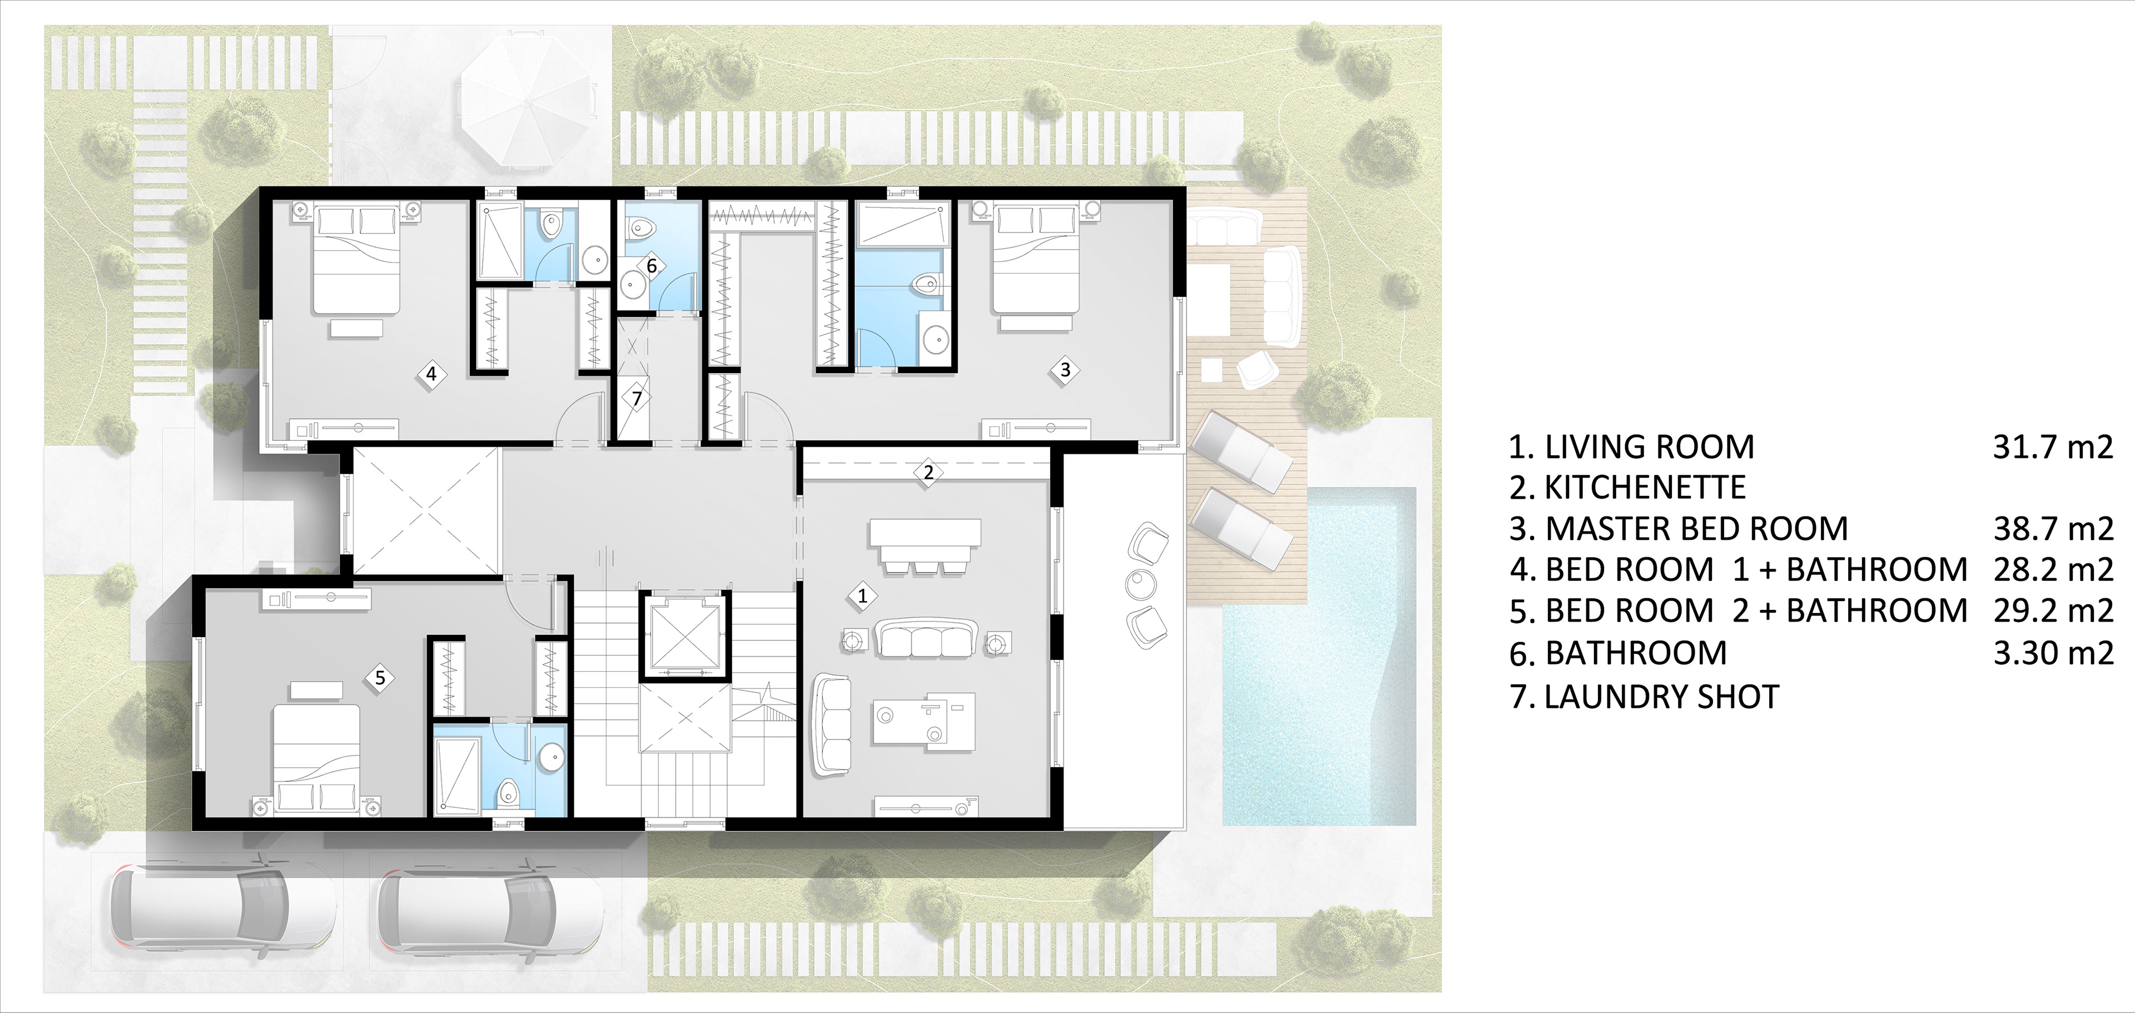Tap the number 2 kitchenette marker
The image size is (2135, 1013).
click(929, 473)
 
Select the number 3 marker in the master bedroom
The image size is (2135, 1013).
click(1066, 370)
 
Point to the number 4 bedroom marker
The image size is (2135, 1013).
click(431, 374)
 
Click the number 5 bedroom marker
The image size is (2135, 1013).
click(380, 677)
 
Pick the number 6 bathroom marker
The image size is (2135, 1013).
click(652, 266)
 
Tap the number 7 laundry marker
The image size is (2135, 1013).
click(637, 399)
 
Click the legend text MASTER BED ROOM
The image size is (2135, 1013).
click(1696, 529)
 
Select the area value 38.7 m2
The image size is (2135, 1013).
click(2053, 529)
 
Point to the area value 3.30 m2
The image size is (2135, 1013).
click(2053, 653)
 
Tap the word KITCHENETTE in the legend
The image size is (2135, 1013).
click(1645, 488)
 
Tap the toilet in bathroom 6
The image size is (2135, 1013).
click(640, 226)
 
